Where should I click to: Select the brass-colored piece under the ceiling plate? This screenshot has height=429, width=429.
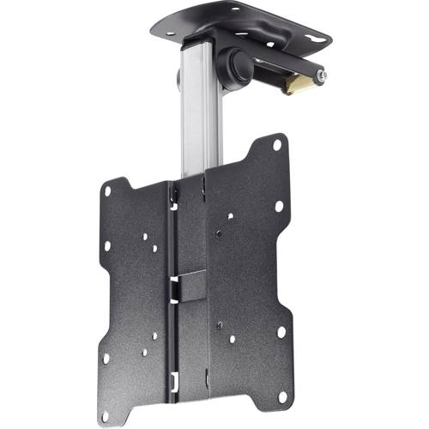tap(299, 82)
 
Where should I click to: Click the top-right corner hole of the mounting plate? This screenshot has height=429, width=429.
tap(277, 145)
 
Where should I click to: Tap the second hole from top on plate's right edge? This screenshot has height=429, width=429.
tap(279, 206)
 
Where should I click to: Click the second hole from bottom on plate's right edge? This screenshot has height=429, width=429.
tap(281, 331)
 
